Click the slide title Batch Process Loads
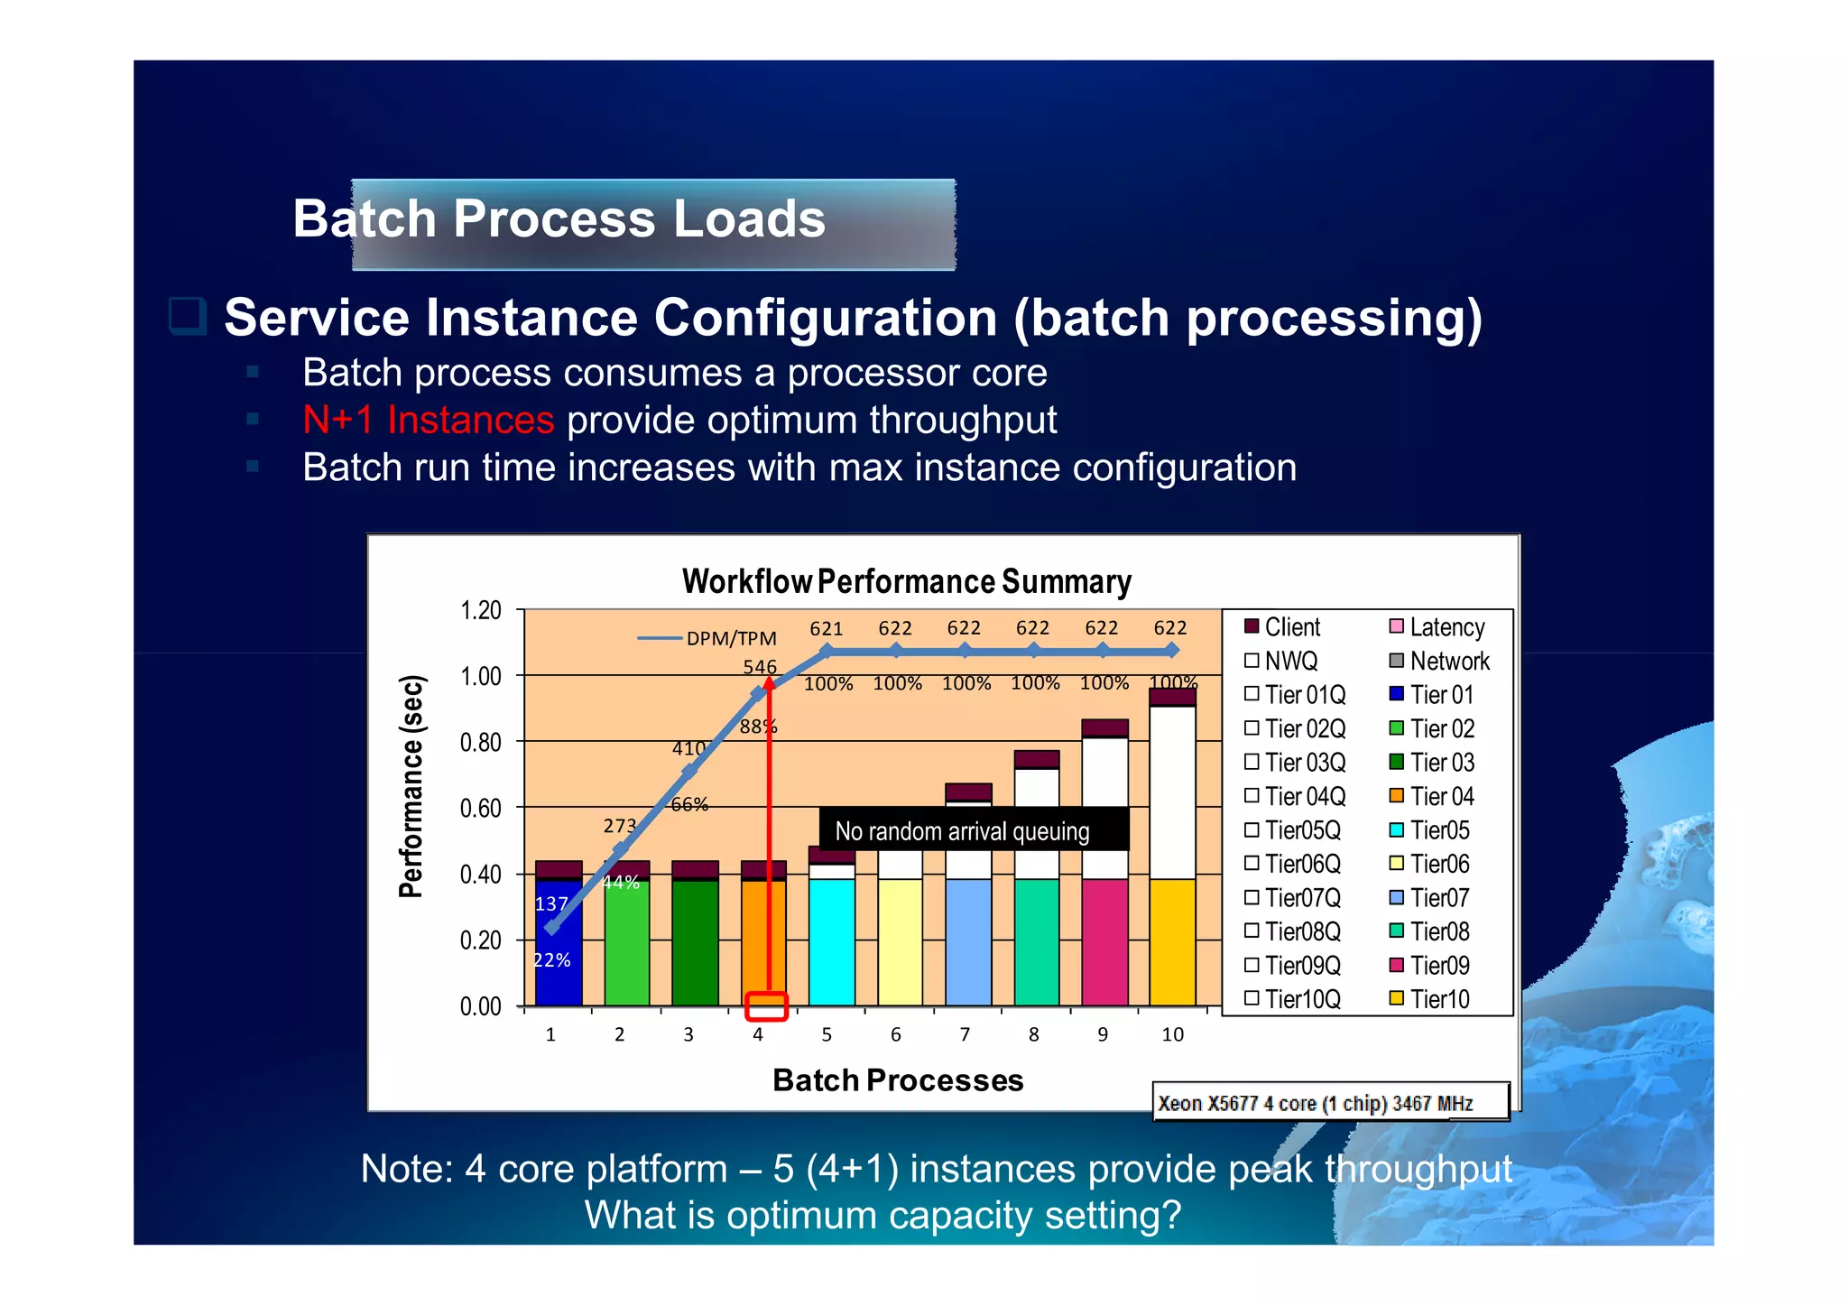click(559, 219)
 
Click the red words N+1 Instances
click(428, 421)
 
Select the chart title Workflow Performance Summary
click(906, 582)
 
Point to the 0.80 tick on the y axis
click(480, 742)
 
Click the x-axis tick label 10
click(1171, 1035)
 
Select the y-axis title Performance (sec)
click(411, 786)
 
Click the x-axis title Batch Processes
click(898, 1080)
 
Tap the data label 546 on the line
click(759, 667)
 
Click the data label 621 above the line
click(826, 628)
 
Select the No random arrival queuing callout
click(962, 831)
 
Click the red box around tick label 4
click(766, 1006)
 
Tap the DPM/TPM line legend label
click(730, 639)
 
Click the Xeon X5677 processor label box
click(1330, 1102)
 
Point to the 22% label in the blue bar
click(552, 960)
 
